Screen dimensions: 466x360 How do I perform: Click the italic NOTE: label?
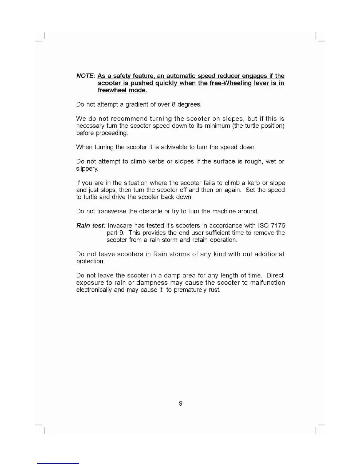click(85, 76)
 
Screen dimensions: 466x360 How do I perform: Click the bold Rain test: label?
click(91, 226)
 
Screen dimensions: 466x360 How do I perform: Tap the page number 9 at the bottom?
click(181, 403)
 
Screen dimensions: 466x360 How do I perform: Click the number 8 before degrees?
click(174, 104)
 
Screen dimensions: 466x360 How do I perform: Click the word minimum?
click(217, 126)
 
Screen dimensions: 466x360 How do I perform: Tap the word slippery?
click(87, 169)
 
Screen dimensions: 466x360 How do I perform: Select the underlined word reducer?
click(228, 76)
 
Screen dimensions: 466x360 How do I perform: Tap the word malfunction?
click(267, 283)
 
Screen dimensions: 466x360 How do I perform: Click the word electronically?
click(94, 290)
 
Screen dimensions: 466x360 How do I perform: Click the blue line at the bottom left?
click(58, 463)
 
